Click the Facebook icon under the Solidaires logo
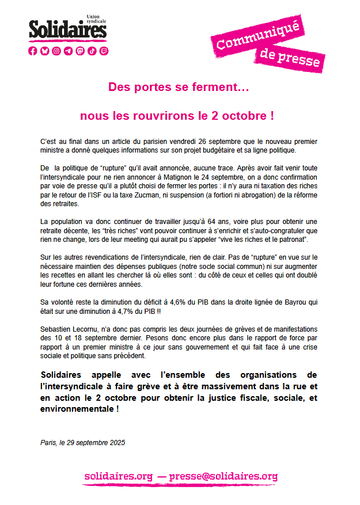click(33, 51)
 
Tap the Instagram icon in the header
click(56, 51)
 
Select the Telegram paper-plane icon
click(69, 51)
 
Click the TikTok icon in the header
click(92, 51)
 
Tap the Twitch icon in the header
click(104, 51)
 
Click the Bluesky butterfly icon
click(44, 51)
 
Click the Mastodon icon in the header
click(80, 51)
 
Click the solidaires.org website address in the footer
click(119, 476)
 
